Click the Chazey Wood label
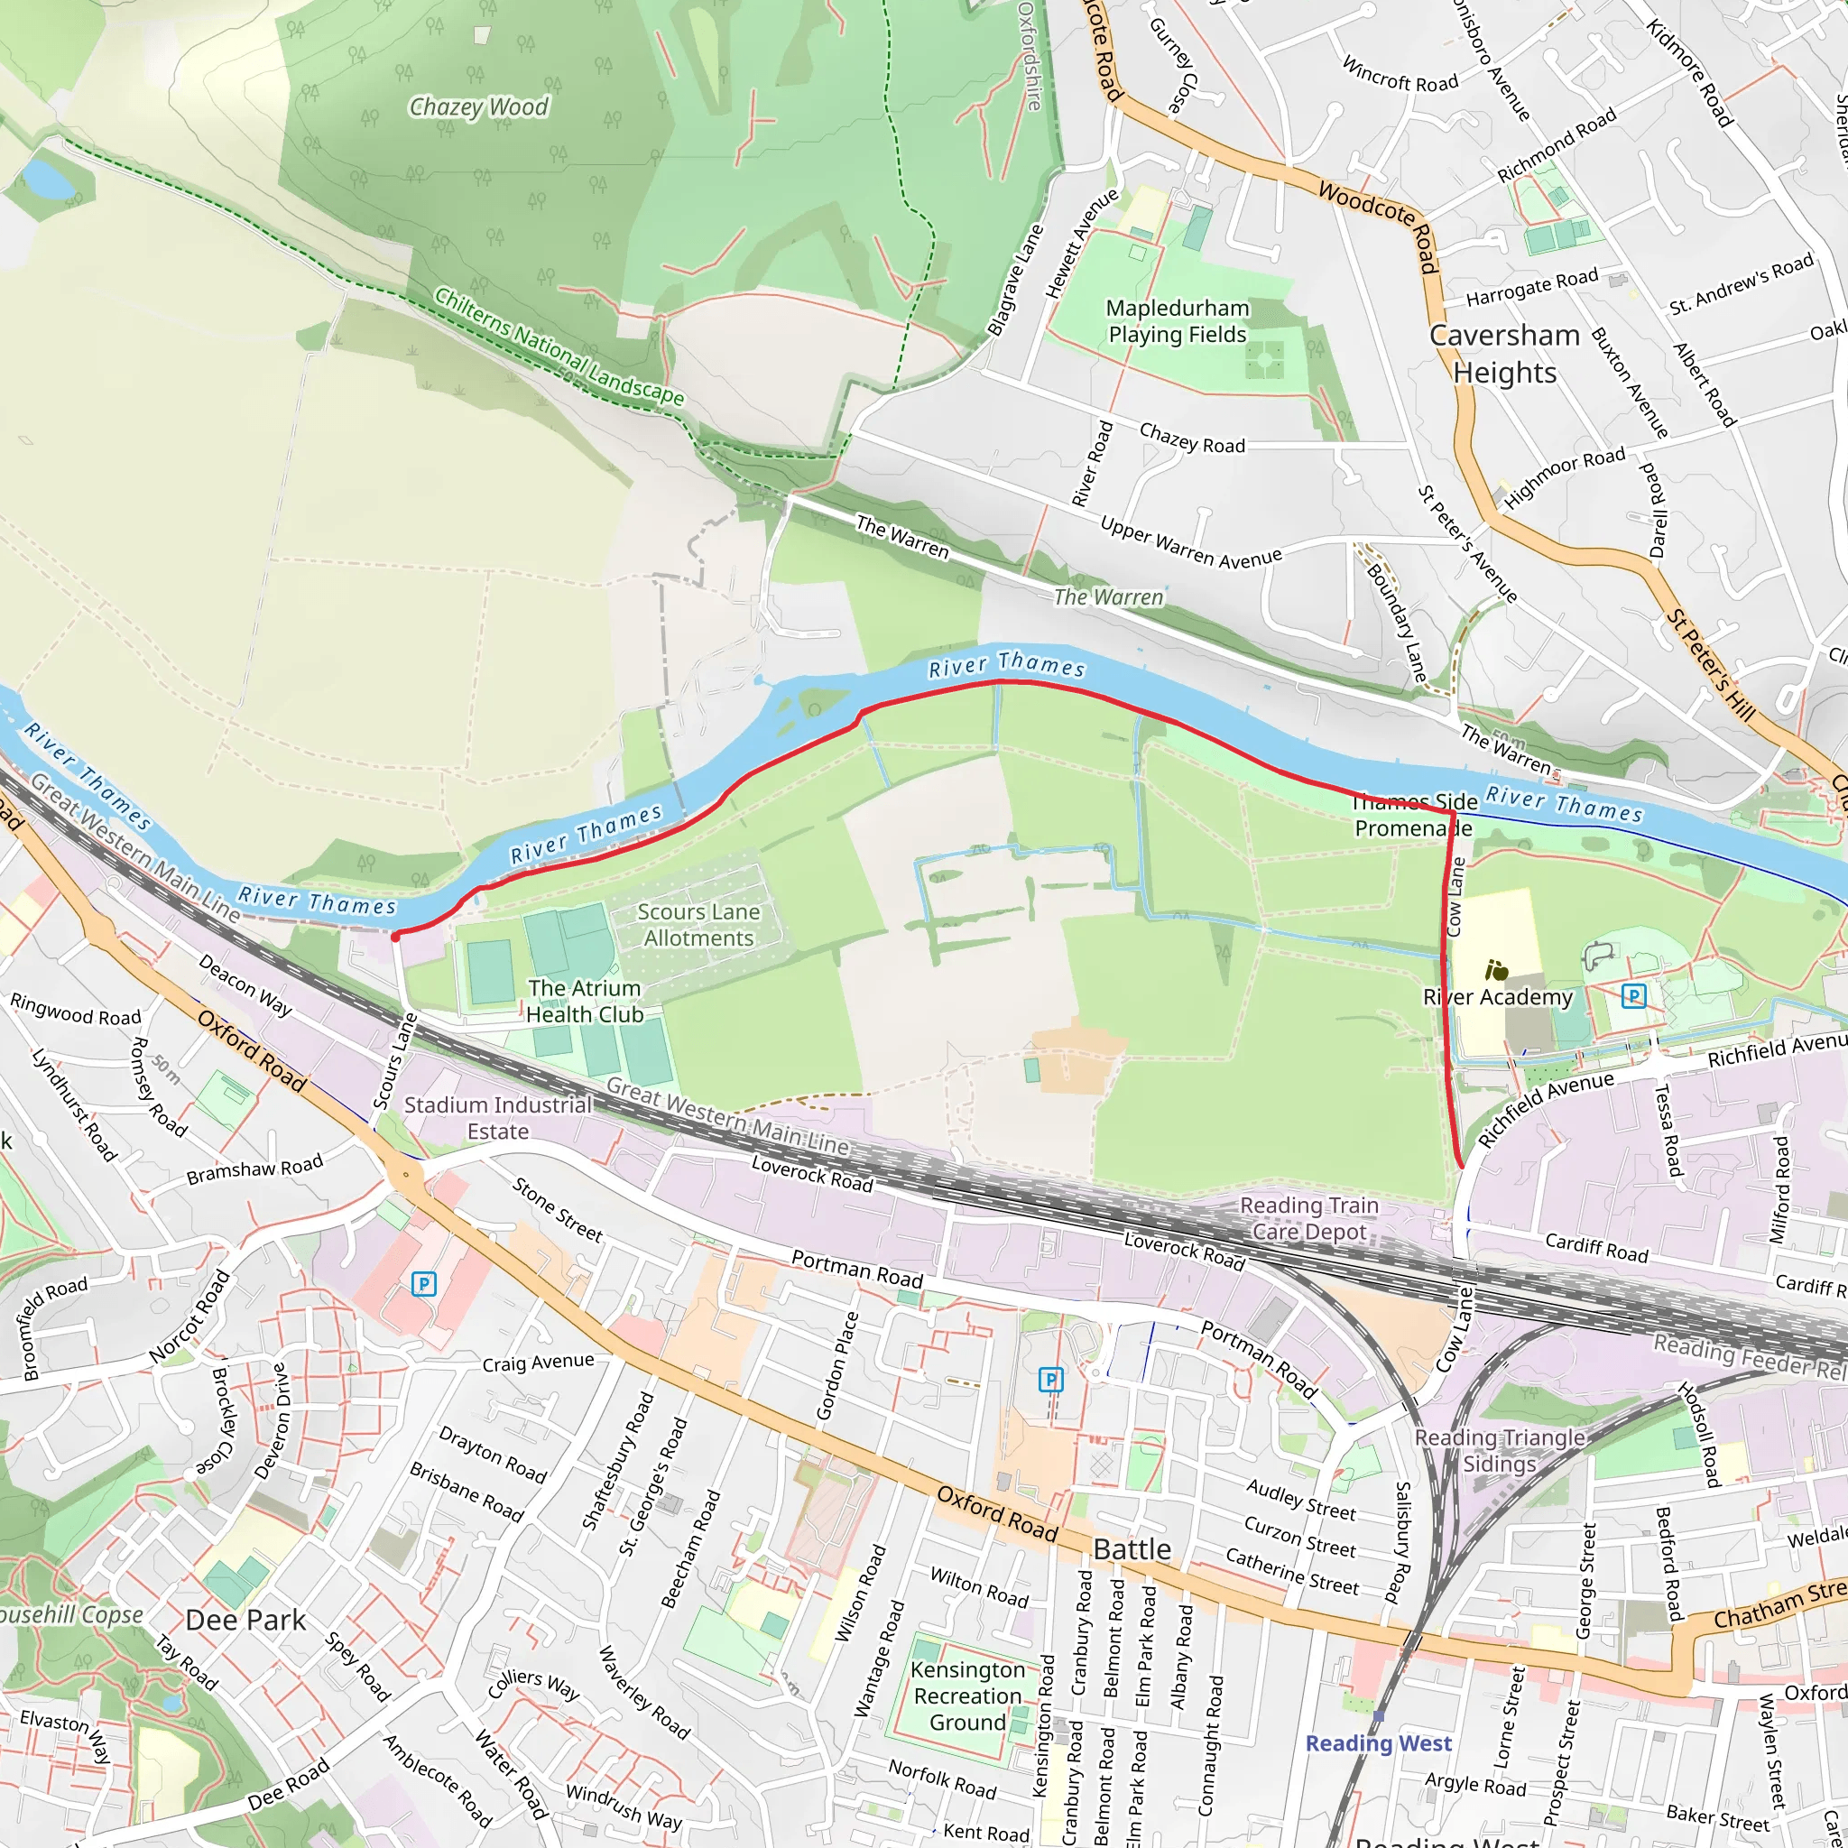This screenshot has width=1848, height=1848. point(478,107)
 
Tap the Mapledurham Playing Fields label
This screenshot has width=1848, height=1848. point(1178,321)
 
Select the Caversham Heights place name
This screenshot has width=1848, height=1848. point(1504,354)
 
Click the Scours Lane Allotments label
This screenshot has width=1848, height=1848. point(698,925)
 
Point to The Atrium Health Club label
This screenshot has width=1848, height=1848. point(584,1002)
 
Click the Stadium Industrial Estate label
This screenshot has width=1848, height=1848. point(497,1118)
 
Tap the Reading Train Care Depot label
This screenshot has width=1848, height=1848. point(1308,1218)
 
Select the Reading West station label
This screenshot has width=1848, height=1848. point(1379,1743)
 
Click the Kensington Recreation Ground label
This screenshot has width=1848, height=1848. point(967,1696)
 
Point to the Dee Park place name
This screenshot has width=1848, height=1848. point(245,1621)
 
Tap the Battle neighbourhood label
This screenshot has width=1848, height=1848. point(1132,1549)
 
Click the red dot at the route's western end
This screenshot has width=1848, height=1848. point(395,938)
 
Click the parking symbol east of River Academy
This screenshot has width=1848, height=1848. point(1634,996)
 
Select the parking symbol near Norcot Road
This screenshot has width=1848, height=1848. point(424,1285)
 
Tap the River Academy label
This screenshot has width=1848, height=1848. point(1498,997)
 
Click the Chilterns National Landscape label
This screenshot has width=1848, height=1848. point(559,347)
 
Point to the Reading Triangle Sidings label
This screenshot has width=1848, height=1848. point(1499,1451)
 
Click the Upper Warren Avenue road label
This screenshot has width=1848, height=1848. point(1190,543)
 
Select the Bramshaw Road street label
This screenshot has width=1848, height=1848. point(254,1169)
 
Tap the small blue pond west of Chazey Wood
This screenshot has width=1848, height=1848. point(43,178)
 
